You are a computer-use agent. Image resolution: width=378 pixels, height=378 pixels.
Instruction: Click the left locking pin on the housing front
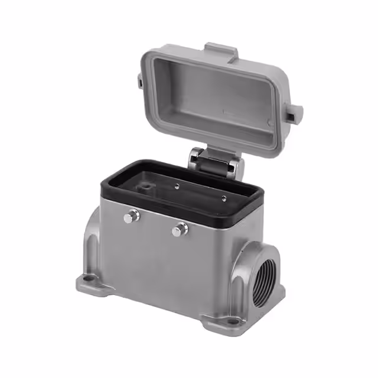point(131,217)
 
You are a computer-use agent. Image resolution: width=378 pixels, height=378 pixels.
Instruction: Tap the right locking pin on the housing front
point(179,229)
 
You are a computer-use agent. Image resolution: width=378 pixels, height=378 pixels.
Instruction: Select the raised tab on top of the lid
point(221,51)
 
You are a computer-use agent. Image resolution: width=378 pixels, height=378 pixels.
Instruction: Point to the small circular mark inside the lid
point(271,123)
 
